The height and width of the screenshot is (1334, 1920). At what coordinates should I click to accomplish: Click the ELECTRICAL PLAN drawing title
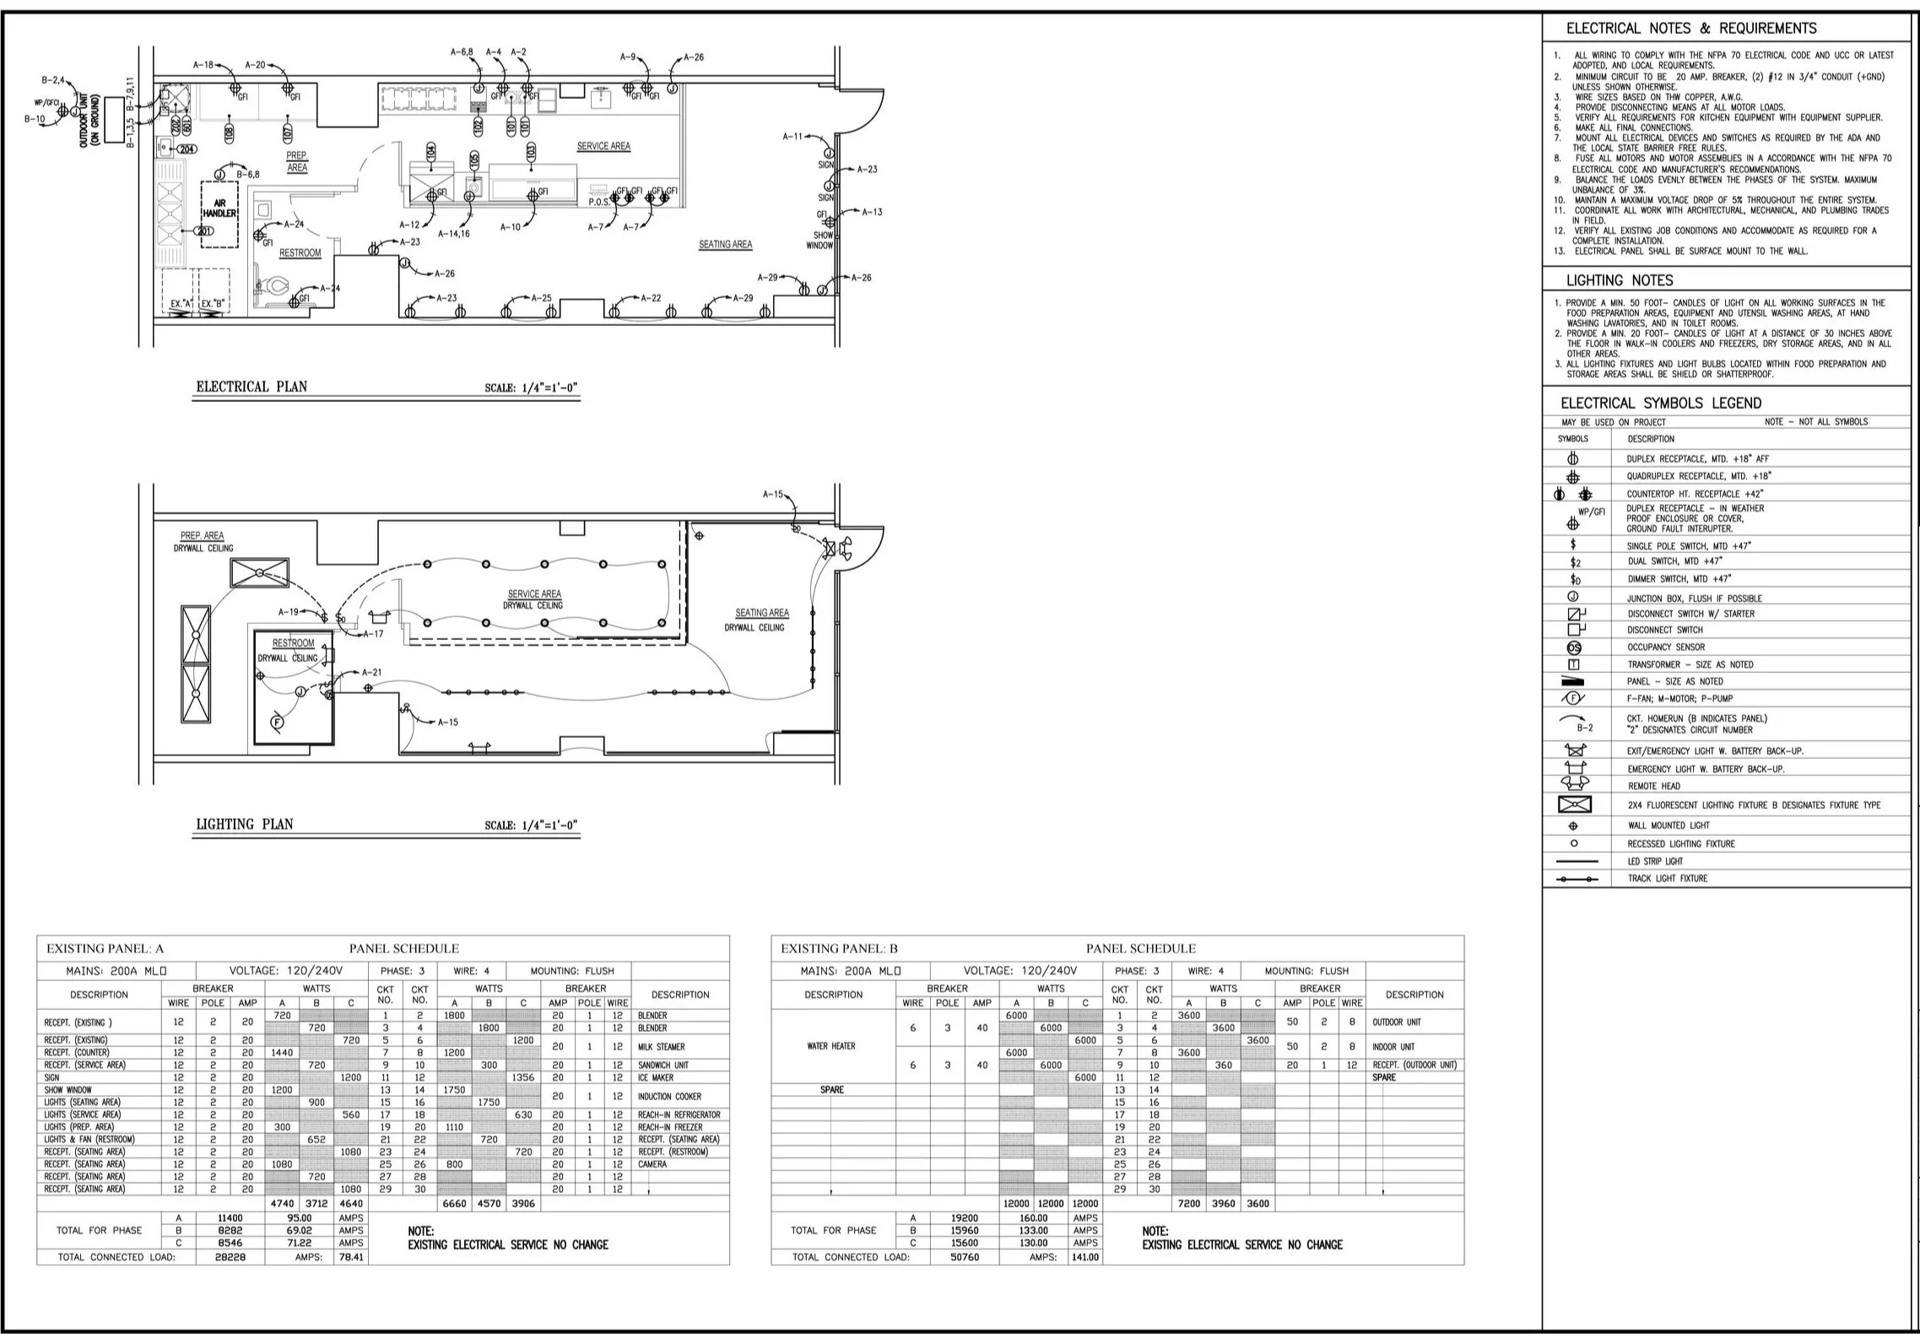[x=251, y=387]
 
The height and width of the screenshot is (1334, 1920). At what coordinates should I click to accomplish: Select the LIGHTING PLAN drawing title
[x=245, y=824]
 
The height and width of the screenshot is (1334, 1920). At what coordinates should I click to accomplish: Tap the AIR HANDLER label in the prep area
[x=219, y=209]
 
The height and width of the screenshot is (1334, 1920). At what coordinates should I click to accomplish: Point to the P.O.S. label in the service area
[x=599, y=203]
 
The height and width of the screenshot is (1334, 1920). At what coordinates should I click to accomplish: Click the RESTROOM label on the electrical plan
[x=300, y=252]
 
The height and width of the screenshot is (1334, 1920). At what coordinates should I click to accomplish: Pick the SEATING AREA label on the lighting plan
[x=761, y=613]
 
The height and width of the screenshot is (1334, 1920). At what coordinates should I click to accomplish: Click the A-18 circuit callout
[x=203, y=65]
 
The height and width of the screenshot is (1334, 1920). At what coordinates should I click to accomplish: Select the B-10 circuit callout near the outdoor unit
[x=35, y=119]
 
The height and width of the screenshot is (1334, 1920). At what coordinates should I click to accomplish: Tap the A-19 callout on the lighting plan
[x=289, y=612]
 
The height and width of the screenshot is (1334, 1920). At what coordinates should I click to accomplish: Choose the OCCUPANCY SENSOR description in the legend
[x=1666, y=648]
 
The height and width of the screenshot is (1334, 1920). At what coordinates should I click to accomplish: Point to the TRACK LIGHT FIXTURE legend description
[x=1667, y=879]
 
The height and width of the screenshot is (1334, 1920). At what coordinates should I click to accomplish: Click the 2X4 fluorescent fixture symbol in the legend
[x=1574, y=805]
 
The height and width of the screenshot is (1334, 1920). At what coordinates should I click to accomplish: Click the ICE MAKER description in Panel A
[x=656, y=1077]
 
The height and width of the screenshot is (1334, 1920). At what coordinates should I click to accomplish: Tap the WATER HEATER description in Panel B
[x=831, y=1046]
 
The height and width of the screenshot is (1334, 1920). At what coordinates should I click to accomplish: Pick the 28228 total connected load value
[x=230, y=1257]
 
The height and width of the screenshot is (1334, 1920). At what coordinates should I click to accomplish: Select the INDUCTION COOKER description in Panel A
[x=669, y=1097]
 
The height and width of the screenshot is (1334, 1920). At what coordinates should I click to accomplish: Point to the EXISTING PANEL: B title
[x=839, y=948]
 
